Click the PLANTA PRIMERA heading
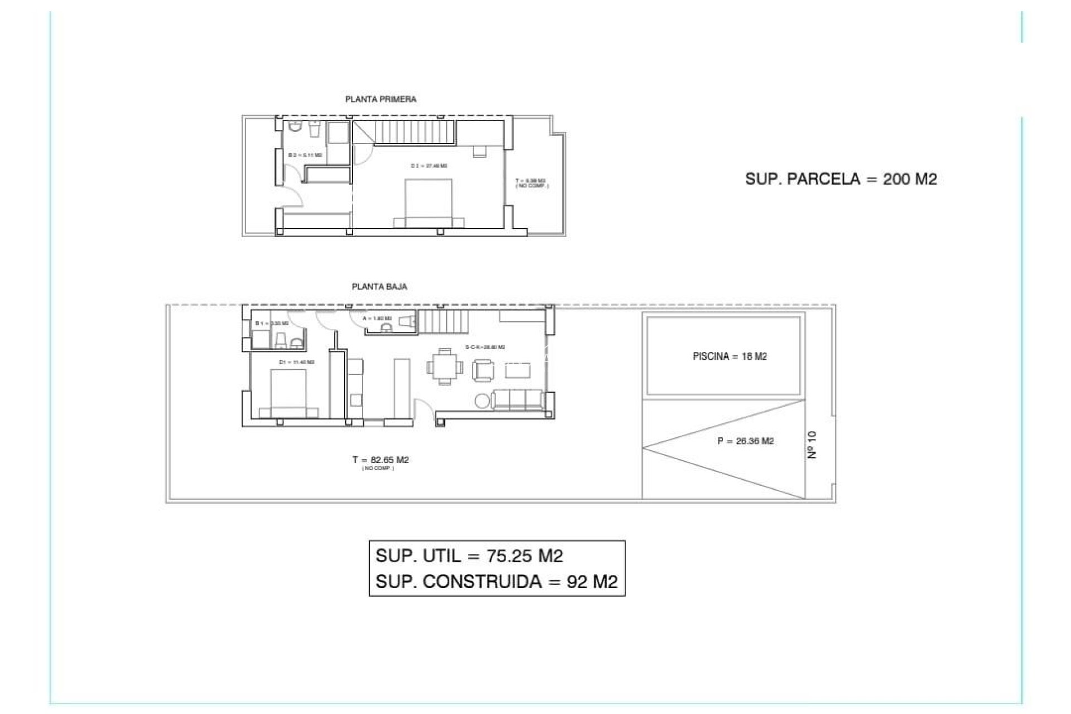pyautogui.click(x=380, y=99)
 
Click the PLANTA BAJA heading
pyautogui.click(x=379, y=287)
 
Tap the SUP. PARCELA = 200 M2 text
pyautogui.click(x=841, y=179)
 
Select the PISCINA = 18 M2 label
pyautogui.click(x=730, y=356)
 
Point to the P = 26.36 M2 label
pyautogui.click(x=745, y=441)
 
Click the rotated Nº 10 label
pyautogui.click(x=812, y=445)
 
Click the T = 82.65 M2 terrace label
pyautogui.click(x=380, y=460)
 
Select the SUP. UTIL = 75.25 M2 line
pyautogui.click(x=469, y=556)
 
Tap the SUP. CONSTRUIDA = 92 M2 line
pyautogui.click(x=496, y=582)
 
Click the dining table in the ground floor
pyautogui.click(x=445, y=366)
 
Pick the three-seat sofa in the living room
pyautogui.click(x=518, y=399)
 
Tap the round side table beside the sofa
pyautogui.click(x=483, y=401)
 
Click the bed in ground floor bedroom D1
pyautogui.click(x=288, y=394)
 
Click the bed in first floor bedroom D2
pyautogui.click(x=428, y=203)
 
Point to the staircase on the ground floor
pyautogui.click(x=437, y=322)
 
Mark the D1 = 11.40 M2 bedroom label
pyautogui.click(x=296, y=362)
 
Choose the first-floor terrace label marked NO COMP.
pyautogui.click(x=530, y=183)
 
